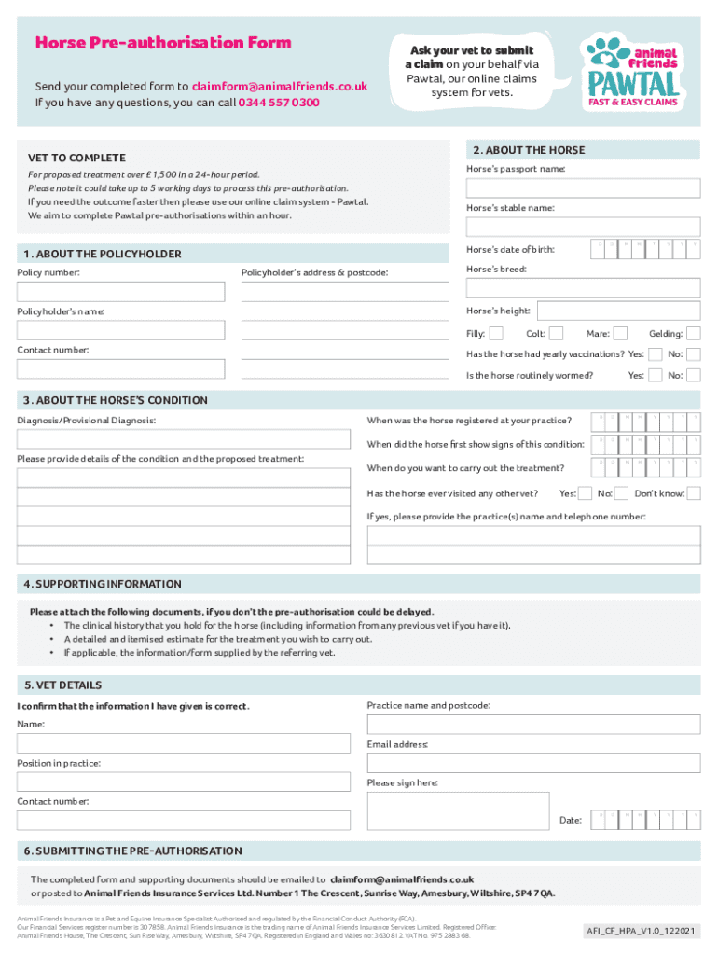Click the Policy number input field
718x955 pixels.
(121, 292)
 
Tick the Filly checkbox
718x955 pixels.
(496, 334)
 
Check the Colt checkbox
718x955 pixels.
(556, 334)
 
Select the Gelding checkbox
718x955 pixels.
(694, 334)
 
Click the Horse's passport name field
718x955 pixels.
(583, 187)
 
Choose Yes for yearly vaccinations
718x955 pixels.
(656, 354)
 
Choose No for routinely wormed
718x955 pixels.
(694, 375)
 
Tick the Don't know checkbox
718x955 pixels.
(694, 493)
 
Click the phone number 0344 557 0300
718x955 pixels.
(279, 103)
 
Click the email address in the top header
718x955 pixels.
(279, 86)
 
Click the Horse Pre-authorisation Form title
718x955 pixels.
(163, 43)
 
